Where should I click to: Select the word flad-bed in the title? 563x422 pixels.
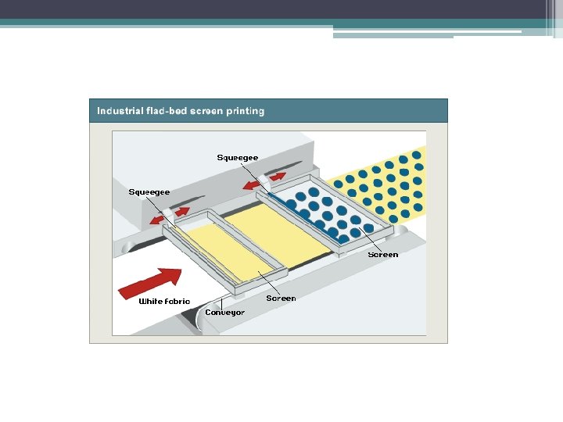[x=166, y=111]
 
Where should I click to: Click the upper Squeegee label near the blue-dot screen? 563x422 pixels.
[x=238, y=158]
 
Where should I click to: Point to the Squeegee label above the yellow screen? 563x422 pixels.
[x=149, y=192]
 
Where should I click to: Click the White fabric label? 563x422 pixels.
[x=164, y=302]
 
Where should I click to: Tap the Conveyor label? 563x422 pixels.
[x=225, y=313]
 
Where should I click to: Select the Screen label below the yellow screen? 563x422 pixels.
[x=281, y=299]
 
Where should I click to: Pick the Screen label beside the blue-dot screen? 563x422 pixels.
[x=383, y=255]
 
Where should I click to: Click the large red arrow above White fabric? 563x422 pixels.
[x=150, y=282]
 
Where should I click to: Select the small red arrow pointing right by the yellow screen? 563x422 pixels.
[x=181, y=212]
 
